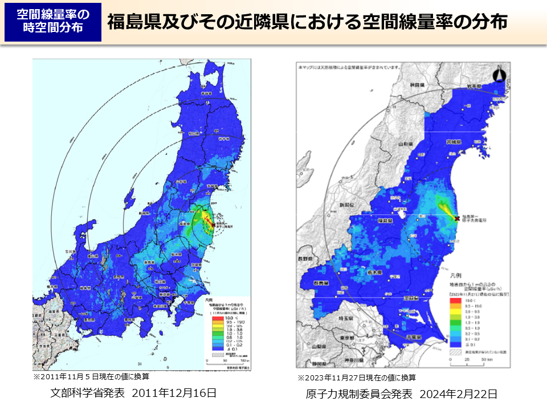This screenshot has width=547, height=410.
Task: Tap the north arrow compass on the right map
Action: pos(500,75)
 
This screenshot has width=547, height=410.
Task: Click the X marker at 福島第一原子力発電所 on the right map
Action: pos(457,218)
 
